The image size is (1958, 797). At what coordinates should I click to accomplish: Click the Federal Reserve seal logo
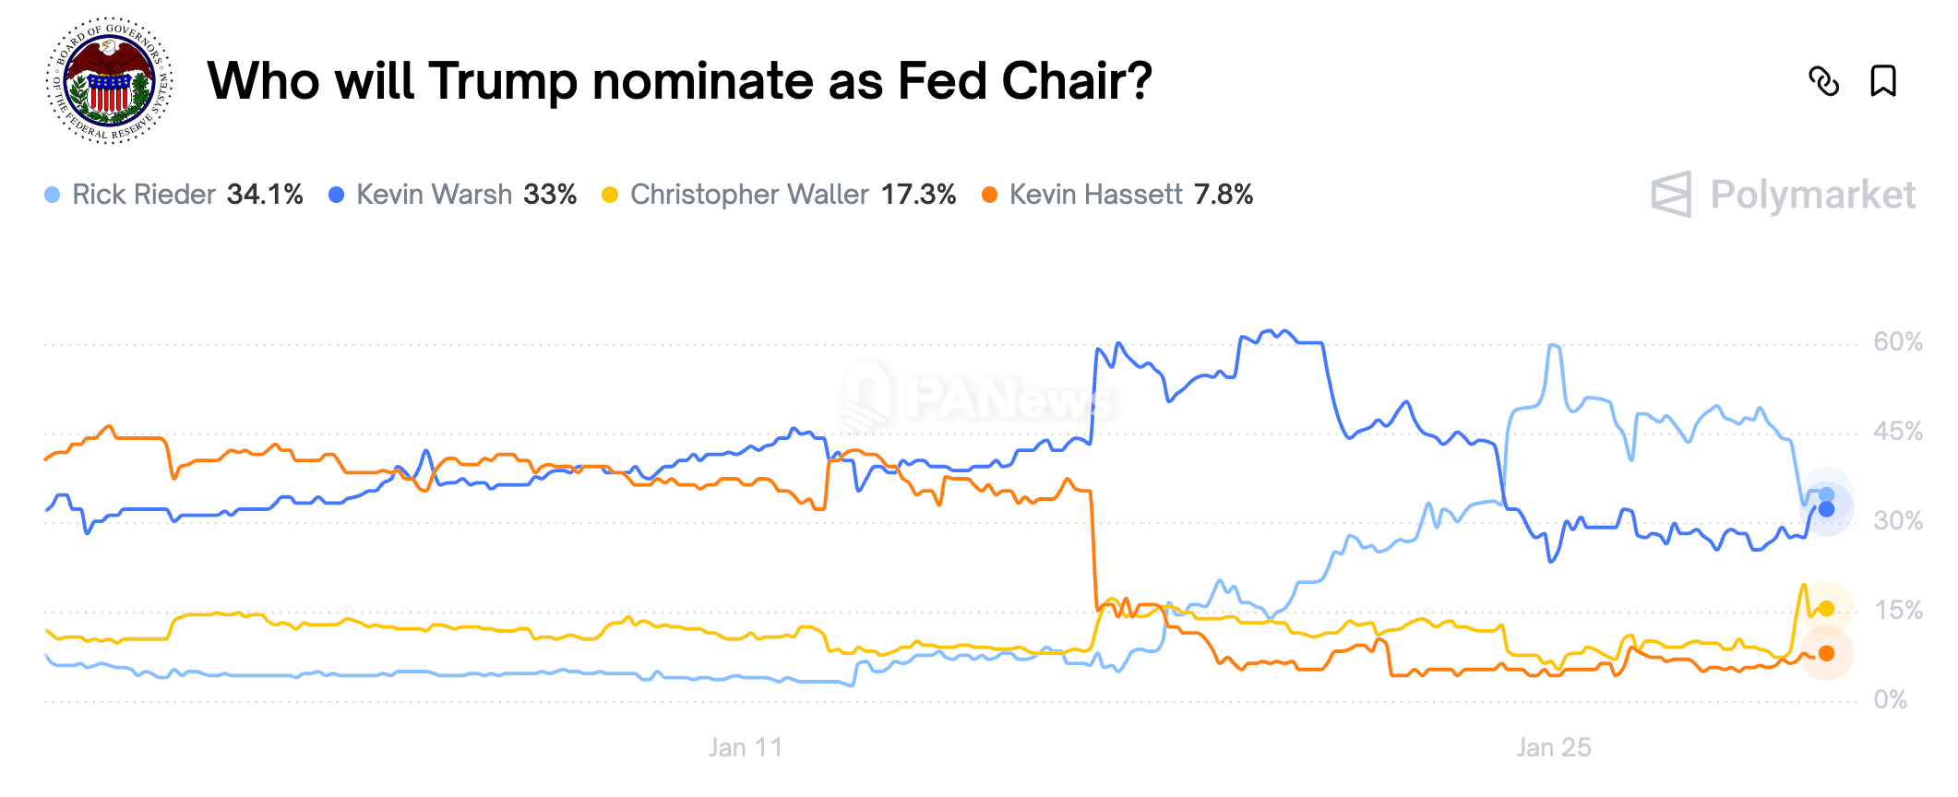coord(110,80)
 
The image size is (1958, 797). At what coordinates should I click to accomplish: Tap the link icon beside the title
coord(1823,81)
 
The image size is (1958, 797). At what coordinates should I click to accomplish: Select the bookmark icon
coord(1882,81)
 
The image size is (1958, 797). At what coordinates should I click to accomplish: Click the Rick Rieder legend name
coord(143,195)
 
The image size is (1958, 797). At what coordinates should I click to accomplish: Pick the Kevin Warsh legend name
coord(434,195)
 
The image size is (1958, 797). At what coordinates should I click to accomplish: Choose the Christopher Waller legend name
coord(749,195)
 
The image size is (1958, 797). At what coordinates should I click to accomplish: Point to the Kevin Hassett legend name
coord(1095,195)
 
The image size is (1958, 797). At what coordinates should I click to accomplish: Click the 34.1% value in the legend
coord(265,195)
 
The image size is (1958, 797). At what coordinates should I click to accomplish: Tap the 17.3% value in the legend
coord(918,195)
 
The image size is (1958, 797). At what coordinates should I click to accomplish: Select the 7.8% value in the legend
coord(1224,195)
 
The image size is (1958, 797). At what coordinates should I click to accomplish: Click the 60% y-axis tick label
coord(1897,342)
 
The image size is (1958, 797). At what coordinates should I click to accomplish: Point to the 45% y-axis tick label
coord(1897,432)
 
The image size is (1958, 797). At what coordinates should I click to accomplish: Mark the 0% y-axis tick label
coord(1890,700)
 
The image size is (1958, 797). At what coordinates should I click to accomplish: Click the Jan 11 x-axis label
coord(746,747)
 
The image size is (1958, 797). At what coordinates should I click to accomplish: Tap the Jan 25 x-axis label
coord(1554,747)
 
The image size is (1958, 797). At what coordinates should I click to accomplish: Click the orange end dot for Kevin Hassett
coord(1826,653)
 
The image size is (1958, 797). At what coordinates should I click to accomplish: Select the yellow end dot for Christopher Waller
coord(1826,609)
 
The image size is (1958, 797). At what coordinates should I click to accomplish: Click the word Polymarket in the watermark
coord(1812,195)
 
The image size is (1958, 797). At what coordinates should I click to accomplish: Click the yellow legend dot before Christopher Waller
coord(610,195)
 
